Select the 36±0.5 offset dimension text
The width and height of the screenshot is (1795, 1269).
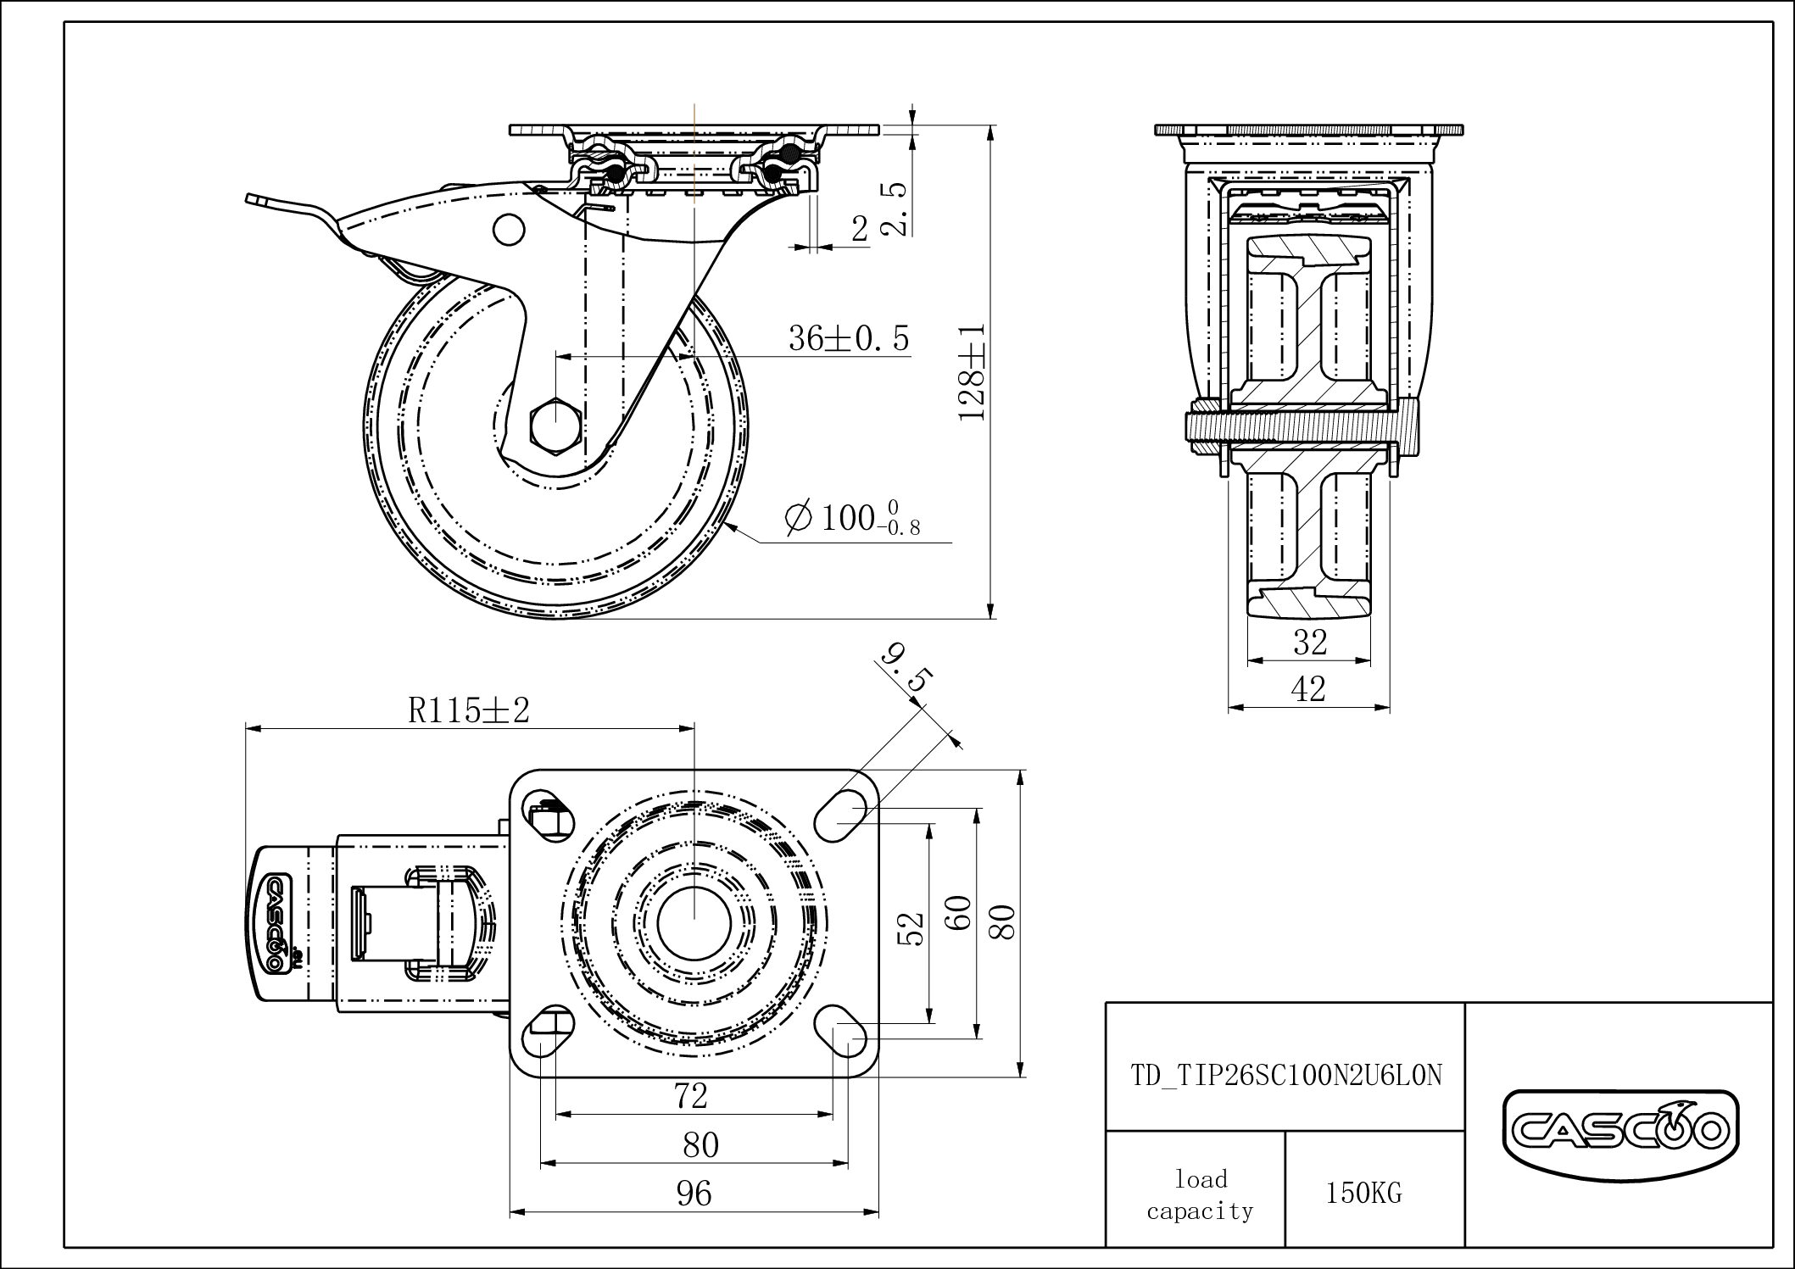coord(849,338)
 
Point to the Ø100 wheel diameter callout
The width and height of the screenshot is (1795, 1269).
coord(852,518)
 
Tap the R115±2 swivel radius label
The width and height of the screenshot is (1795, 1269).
coord(469,710)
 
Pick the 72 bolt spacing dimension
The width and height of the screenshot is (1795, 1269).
coord(692,1096)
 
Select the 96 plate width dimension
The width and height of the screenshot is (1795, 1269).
coord(694,1194)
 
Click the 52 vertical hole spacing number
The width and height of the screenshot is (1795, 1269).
coord(911,928)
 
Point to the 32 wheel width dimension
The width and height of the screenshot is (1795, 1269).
coord(1309,643)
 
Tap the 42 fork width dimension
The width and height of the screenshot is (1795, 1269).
coord(1308,689)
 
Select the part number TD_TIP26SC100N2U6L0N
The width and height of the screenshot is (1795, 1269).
coord(1286,1075)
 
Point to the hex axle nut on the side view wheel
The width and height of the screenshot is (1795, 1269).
coord(555,422)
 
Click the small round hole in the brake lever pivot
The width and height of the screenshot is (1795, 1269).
coord(508,229)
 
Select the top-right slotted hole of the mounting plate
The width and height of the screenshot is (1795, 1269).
coord(840,815)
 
